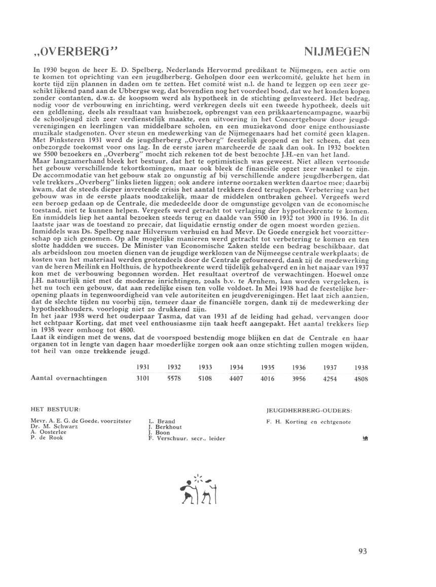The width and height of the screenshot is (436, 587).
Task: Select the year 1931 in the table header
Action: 144,367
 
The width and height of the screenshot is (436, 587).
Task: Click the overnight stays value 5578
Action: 174,378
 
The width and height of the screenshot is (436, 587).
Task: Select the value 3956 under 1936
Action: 298,378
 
